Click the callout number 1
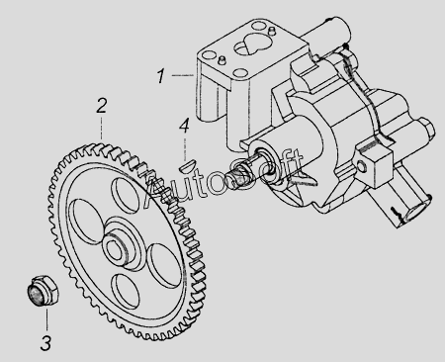[160, 76]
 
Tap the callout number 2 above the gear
[102, 106]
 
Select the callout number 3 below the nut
[45, 343]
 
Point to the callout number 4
[184, 126]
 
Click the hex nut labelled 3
[43, 290]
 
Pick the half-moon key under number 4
[188, 165]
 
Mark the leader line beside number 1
[183, 75]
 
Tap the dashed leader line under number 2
[101, 128]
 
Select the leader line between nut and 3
[46, 317]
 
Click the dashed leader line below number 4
[185, 148]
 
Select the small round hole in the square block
[362, 167]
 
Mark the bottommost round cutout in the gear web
[125, 291]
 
